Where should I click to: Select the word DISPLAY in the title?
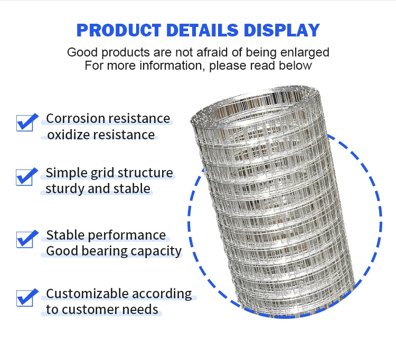pyautogui.click(x=282, y=30)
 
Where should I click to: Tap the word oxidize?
pyautogui.click(x=68, y=135)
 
